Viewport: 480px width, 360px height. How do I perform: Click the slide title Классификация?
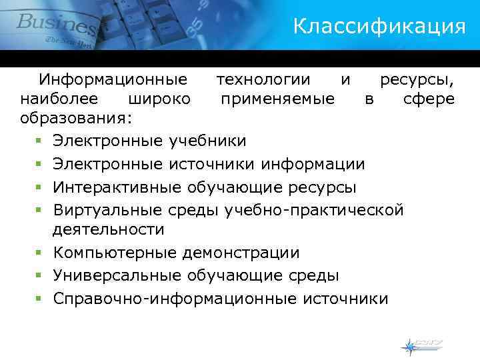[379, 27]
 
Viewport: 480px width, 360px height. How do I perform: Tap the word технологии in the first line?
[263, 80]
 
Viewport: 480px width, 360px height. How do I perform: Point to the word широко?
[157, 99]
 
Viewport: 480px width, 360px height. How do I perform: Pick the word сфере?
[429, 99]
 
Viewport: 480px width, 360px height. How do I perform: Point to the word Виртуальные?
[107, 210]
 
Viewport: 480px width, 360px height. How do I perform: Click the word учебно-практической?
[314, 210]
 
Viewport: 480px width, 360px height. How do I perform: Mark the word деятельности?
[109, 229]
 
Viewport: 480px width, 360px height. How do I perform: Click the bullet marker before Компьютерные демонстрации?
[40, 253]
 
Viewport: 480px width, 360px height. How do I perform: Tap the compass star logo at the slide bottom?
[408, 346]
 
